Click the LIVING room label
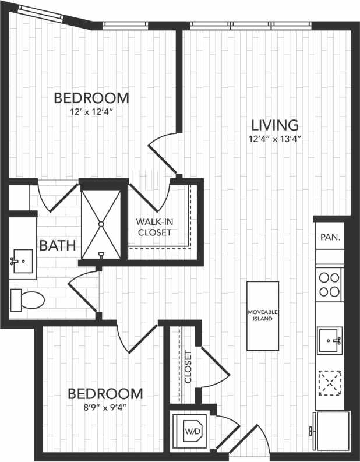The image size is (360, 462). tap(275, 125)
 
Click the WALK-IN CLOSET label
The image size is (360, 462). tap(154, 227)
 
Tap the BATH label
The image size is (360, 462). tap(57, 245)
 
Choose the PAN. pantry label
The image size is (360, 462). tap(330, 238)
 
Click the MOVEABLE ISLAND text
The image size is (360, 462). tap(263, 316)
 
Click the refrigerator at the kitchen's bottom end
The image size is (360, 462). tap(330, 431)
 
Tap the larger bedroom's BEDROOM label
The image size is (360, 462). tap(91, 97)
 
